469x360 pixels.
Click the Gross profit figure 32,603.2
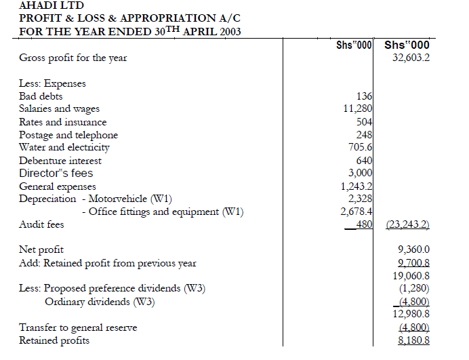(411, 58)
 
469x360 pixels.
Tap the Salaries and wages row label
(59, 109)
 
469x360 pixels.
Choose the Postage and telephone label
(68, 135)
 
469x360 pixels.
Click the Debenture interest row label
(60, 161)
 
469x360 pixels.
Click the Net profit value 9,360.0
(413, 250)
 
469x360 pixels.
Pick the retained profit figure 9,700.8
(413, 263)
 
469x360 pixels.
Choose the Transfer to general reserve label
(78, 327)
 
